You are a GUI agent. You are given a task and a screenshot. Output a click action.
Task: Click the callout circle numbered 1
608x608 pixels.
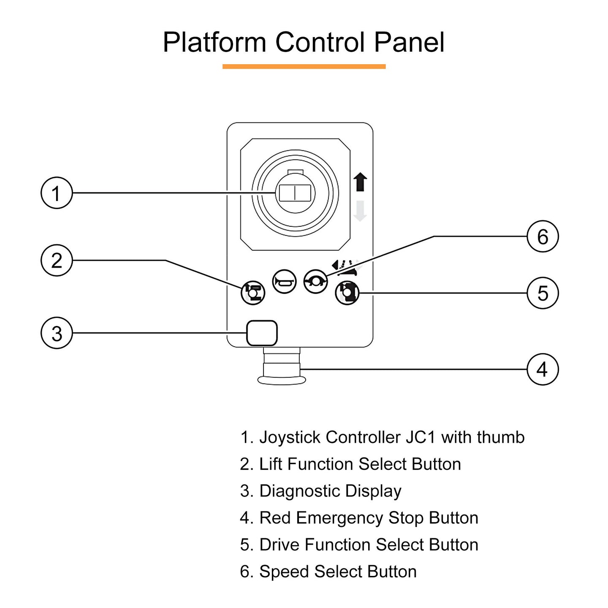coord(57,193)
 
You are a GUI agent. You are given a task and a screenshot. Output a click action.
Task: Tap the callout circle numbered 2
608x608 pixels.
coord(57,260)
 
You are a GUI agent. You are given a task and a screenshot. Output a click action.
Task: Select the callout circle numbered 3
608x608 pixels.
coord(57,333)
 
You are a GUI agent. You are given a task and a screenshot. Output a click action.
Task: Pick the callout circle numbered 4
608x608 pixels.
coord(543,369)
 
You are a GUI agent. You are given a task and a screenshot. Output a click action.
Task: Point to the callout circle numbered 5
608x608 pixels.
coord(543,293)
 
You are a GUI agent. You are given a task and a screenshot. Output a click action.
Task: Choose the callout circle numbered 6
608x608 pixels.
coord(543,236)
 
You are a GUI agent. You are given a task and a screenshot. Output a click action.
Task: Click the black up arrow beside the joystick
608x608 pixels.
coord(360,182)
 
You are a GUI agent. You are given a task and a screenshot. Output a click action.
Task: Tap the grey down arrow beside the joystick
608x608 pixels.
coord(360,211)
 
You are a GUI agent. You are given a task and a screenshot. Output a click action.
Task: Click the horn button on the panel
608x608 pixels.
coord(285,282)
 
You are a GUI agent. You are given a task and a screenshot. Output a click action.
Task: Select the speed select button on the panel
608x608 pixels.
coord(315,282)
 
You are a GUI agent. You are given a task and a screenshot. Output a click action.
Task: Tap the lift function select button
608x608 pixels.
coord(253,292)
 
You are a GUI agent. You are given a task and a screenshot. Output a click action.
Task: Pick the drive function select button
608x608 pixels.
coord(347,292)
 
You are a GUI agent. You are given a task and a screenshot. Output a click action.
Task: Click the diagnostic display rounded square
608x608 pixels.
coord(262,333)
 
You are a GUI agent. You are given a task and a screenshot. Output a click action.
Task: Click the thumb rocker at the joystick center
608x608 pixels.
coord(295,193)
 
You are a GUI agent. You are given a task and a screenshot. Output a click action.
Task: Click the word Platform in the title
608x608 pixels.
coord(214,42)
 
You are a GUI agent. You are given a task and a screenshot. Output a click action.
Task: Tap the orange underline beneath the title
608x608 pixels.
coord(304,66)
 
